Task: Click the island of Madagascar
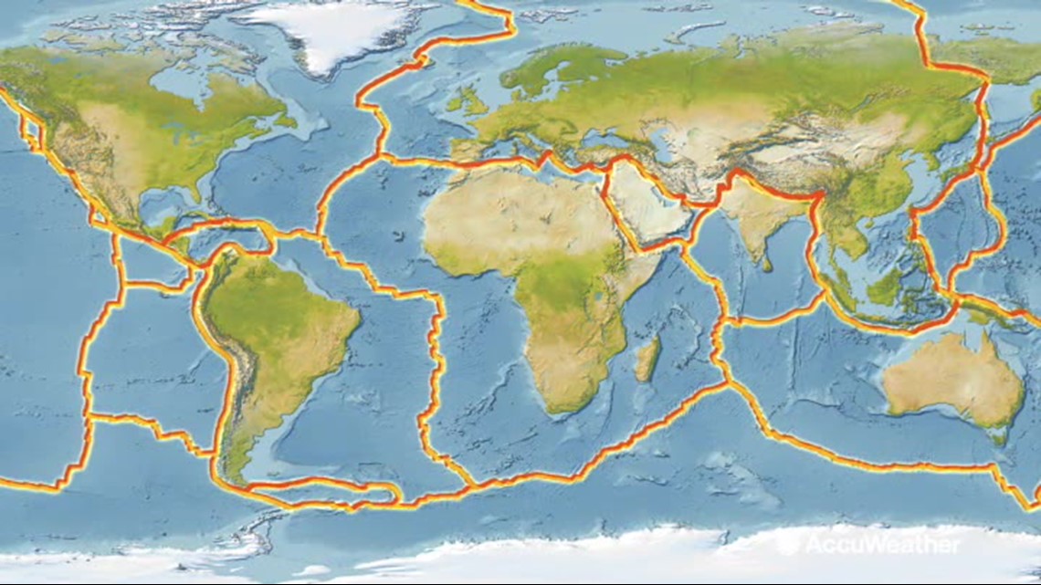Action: click(x=647, y=358)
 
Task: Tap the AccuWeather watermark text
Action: click(x=881, y=545)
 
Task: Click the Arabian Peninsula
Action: click(x=644, y=206)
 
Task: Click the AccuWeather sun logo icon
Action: click(x=787, y=545)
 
